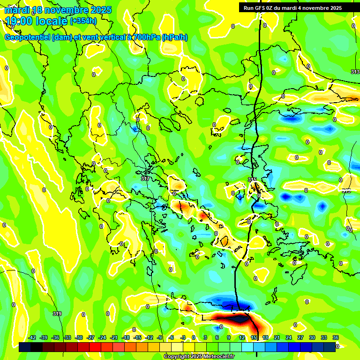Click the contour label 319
pos(57,314)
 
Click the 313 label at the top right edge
pos(355,71)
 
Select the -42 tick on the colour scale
pos(32,337)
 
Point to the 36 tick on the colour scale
pos(336,337)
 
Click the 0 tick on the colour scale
pos(194,337)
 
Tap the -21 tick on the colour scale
pos(114,337)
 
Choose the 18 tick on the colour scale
pos(265,337)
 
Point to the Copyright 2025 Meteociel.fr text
pos(199,356)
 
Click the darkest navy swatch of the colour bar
pos(330,347)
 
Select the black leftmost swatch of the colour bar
pos(25,347)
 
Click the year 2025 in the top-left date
pos(101,10)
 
